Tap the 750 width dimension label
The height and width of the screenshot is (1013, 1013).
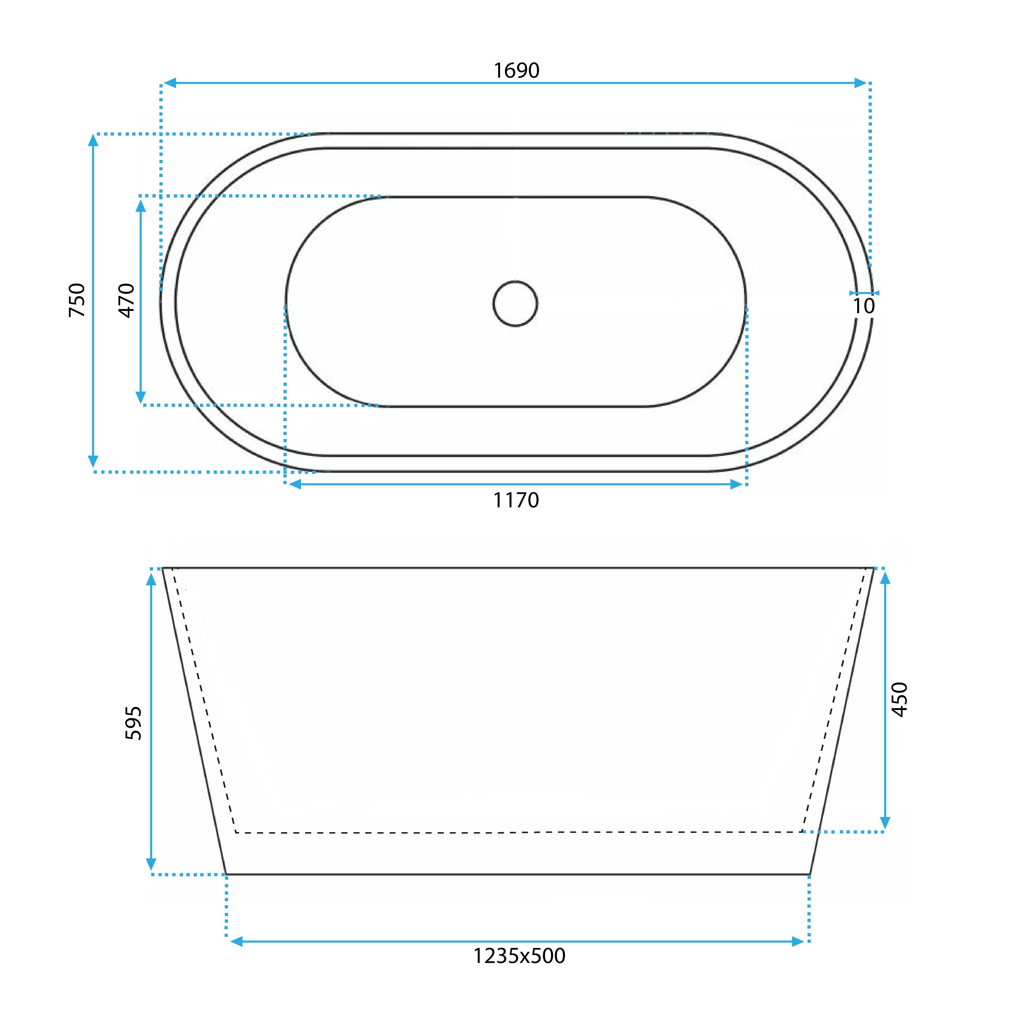(77, 300)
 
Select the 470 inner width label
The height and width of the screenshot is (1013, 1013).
(127, 301)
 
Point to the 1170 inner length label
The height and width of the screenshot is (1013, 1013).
(516, 500)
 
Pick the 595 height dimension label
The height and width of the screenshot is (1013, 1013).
(134, 723)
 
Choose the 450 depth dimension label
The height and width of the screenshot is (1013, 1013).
(899, 699)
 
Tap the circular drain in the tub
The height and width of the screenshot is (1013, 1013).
(515, 304)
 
